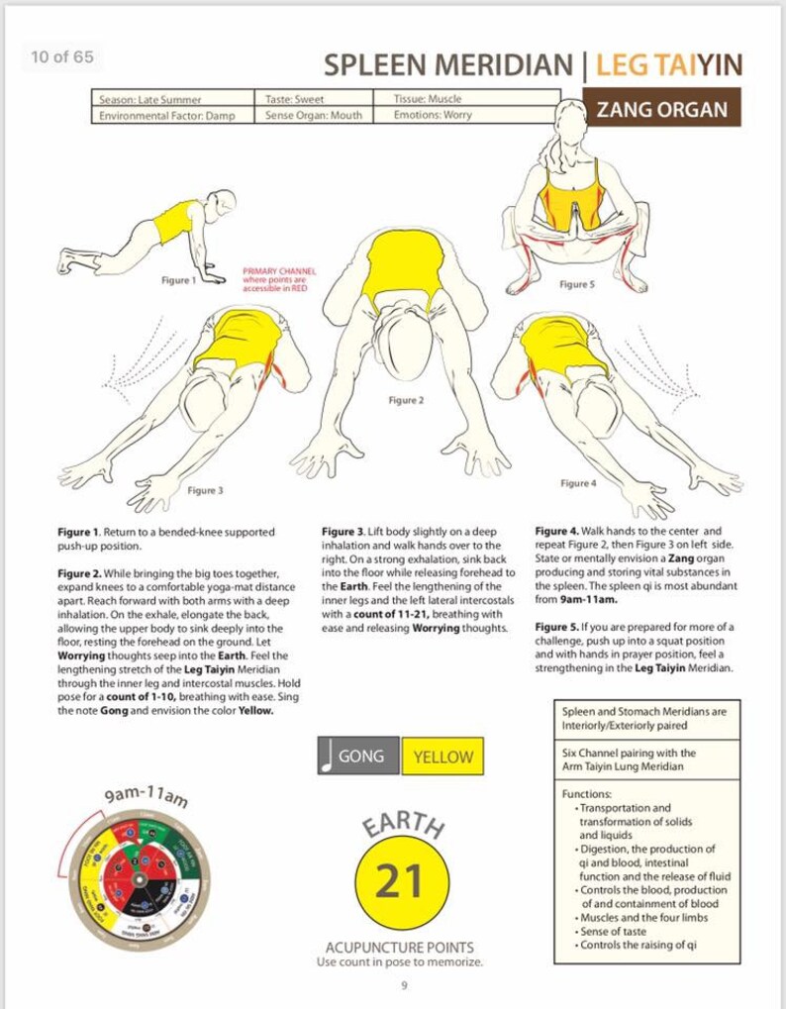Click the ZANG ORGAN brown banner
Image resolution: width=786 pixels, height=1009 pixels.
(661, 108)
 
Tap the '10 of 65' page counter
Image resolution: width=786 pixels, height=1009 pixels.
(62, 56)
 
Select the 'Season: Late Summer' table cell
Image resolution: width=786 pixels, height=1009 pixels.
(150, 99)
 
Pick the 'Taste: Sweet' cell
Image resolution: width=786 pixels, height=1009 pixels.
(295, 99)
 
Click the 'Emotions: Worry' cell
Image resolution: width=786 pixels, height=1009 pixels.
(433, 115)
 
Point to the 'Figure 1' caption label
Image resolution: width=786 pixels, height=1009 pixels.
(178, 280)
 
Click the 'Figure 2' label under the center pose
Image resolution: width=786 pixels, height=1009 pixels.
(406, 400)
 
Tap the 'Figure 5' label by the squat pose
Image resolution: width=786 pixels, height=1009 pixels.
(577, 284)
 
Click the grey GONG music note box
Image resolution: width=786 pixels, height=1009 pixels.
(358, 757)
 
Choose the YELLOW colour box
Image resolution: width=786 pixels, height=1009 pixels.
(442, 757)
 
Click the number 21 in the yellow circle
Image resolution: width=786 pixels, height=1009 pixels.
(401, 880)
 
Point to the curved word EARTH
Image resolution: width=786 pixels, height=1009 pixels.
(401, 825)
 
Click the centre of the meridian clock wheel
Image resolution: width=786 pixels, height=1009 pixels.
(139, 880)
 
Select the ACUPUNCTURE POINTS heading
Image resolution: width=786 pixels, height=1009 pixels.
(400, 948)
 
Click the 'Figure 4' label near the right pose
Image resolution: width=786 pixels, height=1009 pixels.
(578, 483)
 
